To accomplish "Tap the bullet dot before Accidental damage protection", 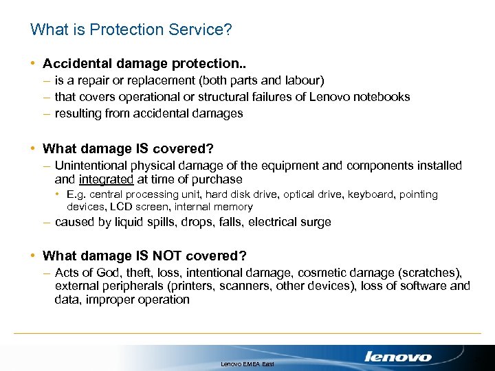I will click(33, 63).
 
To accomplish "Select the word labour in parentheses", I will click(300, 80).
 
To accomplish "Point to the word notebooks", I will click(382, 97).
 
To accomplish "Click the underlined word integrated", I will click(106, 179).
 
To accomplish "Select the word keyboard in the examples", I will click(372, 194).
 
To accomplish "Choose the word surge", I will click(316, 222).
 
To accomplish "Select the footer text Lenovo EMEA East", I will click(247, 363).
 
